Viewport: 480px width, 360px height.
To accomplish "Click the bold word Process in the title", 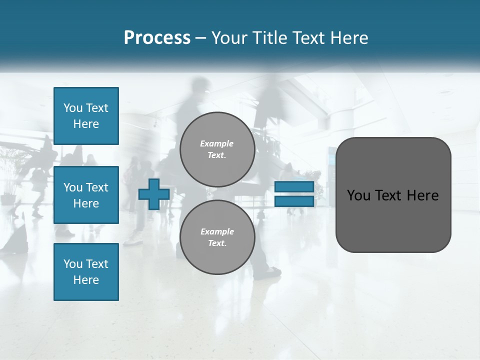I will (x=157, y=38).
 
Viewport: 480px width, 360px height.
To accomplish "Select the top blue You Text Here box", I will (x=86, y=116).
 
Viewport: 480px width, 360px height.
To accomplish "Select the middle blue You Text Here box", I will (x=86, y=195).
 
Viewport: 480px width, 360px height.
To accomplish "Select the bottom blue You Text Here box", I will (x=86, y=272).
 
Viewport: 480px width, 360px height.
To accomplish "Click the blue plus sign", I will (x=154, y=194).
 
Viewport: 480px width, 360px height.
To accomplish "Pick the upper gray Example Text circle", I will (x=217, y=149).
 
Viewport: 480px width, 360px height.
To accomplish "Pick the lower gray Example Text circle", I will (x=217, y=237).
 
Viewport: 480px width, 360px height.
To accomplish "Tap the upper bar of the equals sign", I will (x=294, y=187).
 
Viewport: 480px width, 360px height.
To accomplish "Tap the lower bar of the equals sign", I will (x=294, y=201).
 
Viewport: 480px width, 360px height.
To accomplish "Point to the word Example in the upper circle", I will (x=217, y=143).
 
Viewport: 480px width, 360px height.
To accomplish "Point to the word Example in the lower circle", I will (x=217, y=231).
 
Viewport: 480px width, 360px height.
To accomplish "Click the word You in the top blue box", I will (x=73, y=108).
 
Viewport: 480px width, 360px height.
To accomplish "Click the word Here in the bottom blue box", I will (x=86, y=280).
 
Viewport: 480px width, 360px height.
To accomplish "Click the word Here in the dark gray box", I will (x=423, y=195).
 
